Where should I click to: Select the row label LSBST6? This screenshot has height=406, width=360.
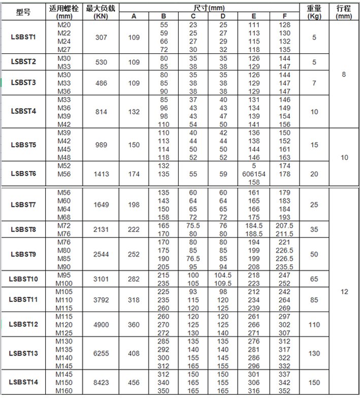(x=23, y=174)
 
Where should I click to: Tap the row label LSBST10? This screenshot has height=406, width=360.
(x=23, y=279)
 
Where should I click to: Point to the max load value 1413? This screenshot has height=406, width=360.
(x=102, y=174)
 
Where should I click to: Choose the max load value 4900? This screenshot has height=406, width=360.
(x=102, y=324)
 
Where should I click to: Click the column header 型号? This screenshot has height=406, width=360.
(x=23, y=12)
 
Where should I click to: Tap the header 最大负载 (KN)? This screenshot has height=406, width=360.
(x=102, y=12)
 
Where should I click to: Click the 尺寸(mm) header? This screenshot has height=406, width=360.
(x=209, y=8)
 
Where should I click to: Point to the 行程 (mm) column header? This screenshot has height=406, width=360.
(x=344, y=12)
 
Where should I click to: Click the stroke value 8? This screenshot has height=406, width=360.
(x=344, y=75)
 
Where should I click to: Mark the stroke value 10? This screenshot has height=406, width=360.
(x=344, y=158)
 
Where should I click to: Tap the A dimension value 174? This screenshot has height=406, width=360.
(x=134, y=174)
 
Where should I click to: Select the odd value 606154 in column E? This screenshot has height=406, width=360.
(x=254, y=174)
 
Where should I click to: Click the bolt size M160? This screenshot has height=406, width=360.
(x=64, y=391)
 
